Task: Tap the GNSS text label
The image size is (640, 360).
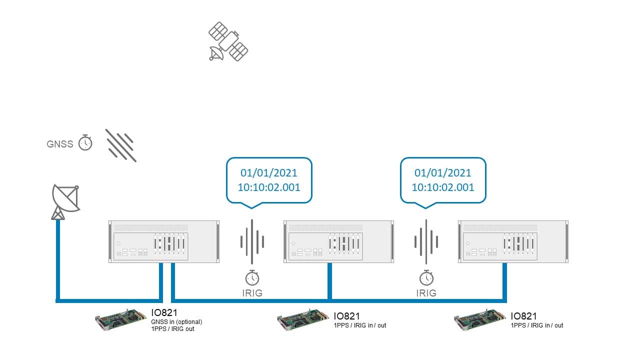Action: point(60,144)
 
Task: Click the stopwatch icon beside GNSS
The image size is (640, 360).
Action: point(85,142)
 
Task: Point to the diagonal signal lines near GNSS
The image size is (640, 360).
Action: point(121,145)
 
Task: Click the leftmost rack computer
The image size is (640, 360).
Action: point(164,241)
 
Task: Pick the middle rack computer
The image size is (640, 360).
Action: point(338,241)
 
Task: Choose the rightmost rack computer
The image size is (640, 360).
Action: point(513,241)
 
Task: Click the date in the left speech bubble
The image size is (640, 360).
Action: point(269,173)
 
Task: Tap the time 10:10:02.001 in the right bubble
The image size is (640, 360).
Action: point(443,187)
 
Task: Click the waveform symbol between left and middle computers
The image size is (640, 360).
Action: point(252,241)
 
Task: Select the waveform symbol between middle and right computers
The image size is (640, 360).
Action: point(426,241)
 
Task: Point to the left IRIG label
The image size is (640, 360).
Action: point(252,293)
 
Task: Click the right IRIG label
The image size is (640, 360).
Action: point(426,293)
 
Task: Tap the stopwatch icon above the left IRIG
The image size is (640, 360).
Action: point(252,277)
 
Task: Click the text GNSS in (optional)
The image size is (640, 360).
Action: point(176,322)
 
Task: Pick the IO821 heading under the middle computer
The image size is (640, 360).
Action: point(346,316)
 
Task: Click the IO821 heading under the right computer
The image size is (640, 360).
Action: point(523,316)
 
